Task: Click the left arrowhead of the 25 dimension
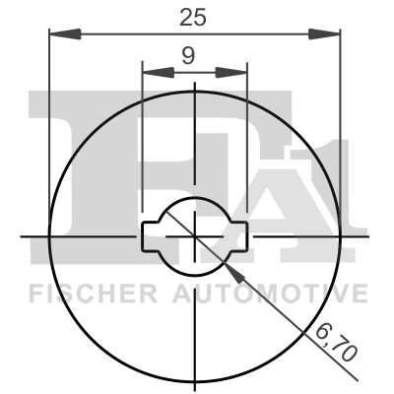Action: pos(59,33)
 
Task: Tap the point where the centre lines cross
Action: pos(195,235)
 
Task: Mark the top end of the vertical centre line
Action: pos(195,85)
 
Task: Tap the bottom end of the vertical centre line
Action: pos(195,364)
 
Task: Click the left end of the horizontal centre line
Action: pos(22,235)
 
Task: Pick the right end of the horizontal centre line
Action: pos(368,235)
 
